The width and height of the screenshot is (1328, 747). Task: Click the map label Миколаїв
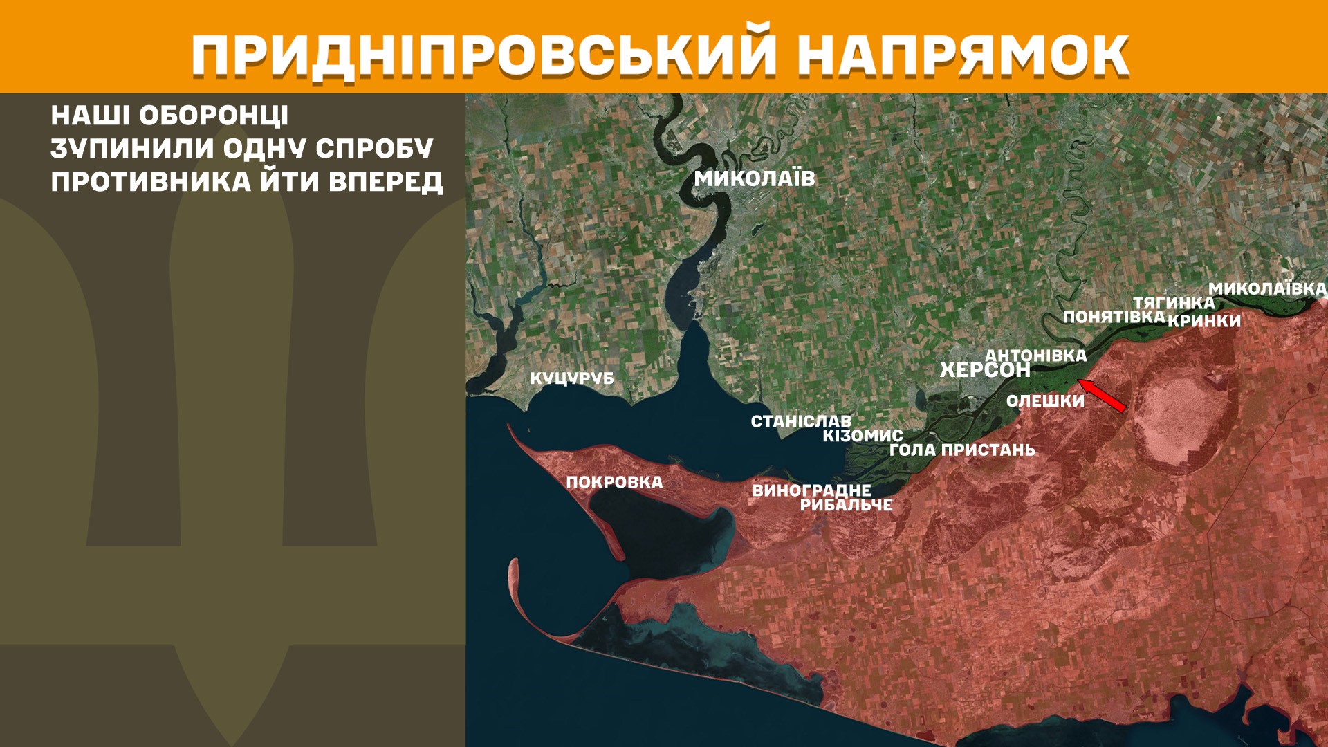[x=755, y=178]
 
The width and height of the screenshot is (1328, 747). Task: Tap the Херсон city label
[x=984, y=370]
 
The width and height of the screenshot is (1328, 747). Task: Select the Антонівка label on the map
[x=1035, y=356]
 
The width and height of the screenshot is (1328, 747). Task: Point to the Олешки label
[x=1045, y=401]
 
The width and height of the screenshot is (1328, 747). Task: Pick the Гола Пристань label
[x=962, y=450]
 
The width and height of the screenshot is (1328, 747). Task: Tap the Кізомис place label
[x=863, y=436]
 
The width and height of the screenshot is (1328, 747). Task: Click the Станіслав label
[x=801, y=421]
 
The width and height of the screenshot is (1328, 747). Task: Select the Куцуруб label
[x=572, y=378]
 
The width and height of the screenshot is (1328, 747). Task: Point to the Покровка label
[x=614, y=482]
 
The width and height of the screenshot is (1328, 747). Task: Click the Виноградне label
[x=811, y=490]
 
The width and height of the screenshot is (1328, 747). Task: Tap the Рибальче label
[x=847, y=505]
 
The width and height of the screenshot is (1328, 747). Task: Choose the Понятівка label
[x=1114, y=317]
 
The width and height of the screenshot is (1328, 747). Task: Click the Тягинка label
[x=1173, y=303]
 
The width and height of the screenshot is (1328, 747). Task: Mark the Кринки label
[x=1204, y=321]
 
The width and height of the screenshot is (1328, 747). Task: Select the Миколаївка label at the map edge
[x=1267, y=288]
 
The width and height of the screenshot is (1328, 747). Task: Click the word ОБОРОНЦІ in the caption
[x=214, y=116]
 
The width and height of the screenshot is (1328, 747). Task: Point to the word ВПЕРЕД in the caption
[x=385, y=181]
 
